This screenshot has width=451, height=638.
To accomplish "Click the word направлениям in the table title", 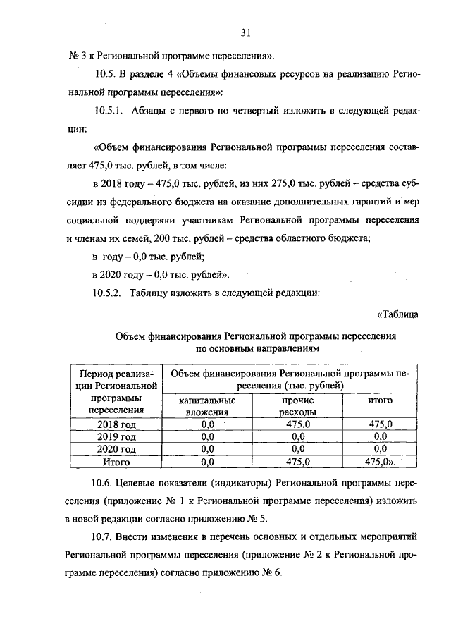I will pos(287,348).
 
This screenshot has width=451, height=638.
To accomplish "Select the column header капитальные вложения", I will pos(206,406).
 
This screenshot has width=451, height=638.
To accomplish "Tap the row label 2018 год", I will pos(116,424).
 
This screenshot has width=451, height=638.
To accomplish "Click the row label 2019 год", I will pos(116,437).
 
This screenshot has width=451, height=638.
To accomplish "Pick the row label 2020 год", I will pos(116,449).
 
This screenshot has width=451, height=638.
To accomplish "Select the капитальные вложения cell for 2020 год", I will pos(206,449).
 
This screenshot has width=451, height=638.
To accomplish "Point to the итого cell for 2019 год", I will pos(380,437).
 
